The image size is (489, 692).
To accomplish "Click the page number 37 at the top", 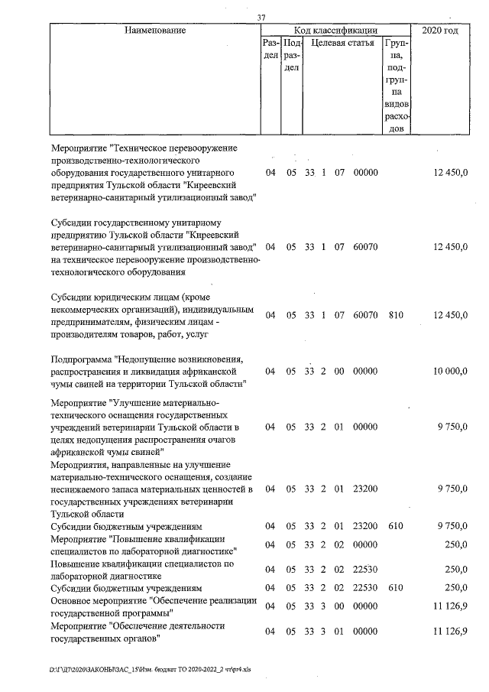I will coord(262,18).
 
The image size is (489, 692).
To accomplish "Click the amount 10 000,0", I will coord(450,371).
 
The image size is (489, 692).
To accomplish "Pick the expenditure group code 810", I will coord(395,315).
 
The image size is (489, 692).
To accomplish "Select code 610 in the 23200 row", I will coord(395,527).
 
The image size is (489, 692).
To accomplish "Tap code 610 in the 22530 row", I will coord(395,589).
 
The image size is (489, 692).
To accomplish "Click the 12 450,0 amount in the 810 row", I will coord(450,315).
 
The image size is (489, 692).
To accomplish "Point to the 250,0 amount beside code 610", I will coord(456,589).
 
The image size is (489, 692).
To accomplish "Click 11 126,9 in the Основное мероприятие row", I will coord(450,606).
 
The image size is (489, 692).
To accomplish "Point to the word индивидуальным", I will coord(217,309).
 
